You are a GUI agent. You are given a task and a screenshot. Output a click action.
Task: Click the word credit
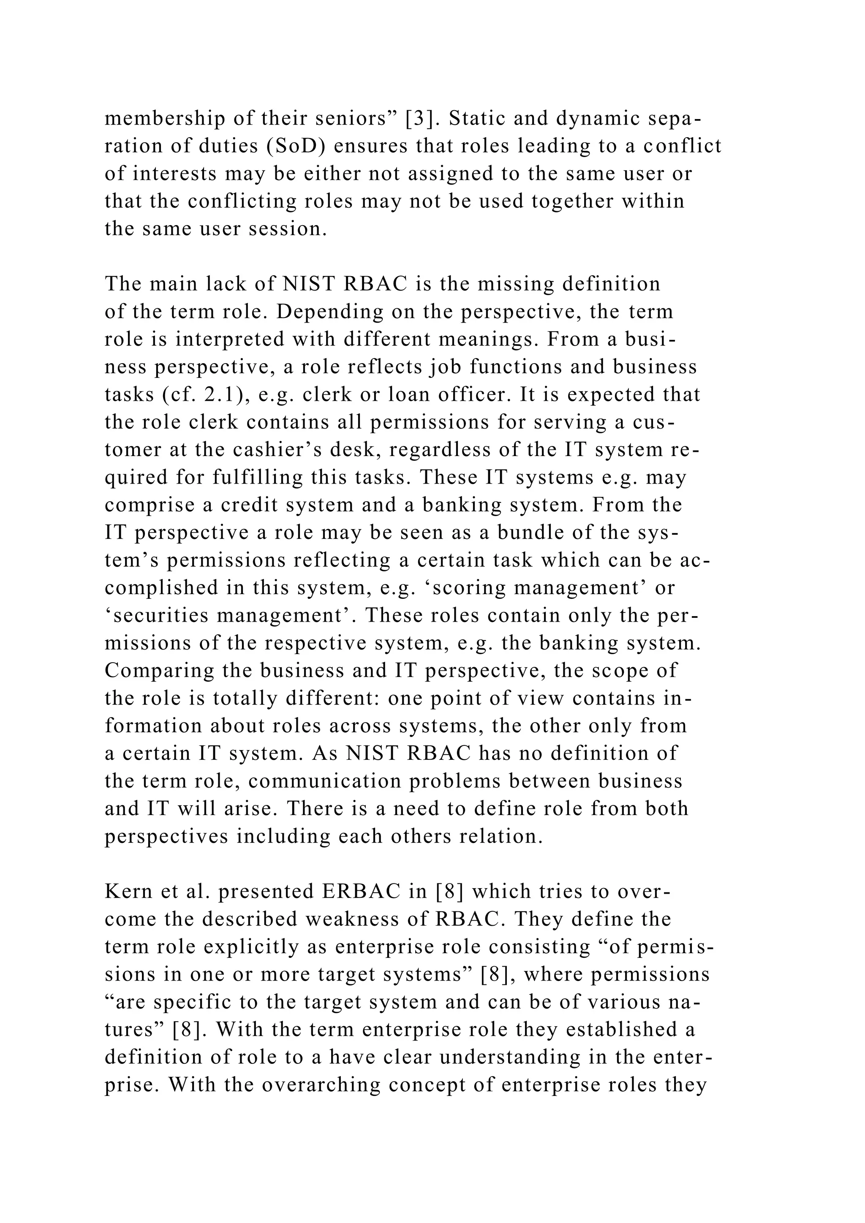coord(249,505)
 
